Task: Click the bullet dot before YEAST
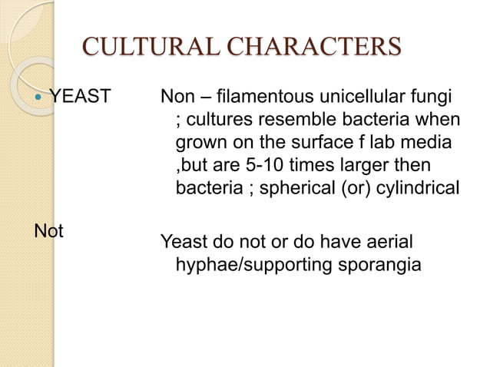coord(39,98)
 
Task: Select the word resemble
coord(320,121)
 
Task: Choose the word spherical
coord(299,187)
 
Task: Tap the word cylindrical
coord(417,187)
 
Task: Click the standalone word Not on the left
coord(48,230)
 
